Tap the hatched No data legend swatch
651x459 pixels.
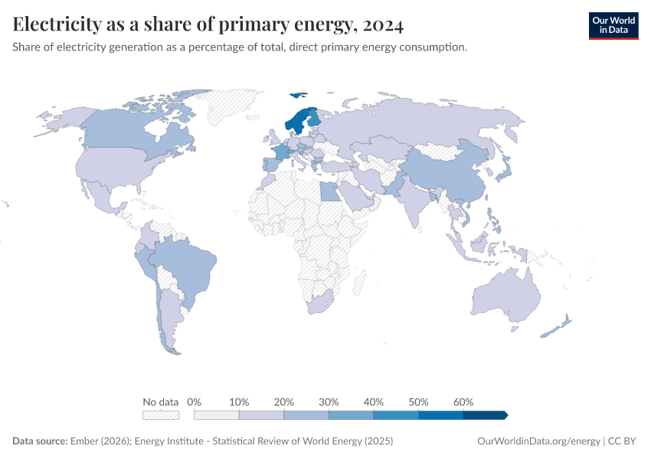coord(161,415)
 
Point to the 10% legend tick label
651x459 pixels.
coord(240,402)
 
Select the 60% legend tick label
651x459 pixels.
coord(463,402)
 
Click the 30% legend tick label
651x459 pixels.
coord(329,402)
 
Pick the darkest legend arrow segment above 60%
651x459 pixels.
coord(485,415)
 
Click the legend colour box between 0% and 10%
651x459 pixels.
coord(217,415)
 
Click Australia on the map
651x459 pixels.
coord(505,295)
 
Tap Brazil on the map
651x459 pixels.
coord(188,268)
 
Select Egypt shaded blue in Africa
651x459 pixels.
coord(330,190)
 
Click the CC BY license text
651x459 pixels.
coord(624,441)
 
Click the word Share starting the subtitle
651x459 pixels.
coord(28,47)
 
